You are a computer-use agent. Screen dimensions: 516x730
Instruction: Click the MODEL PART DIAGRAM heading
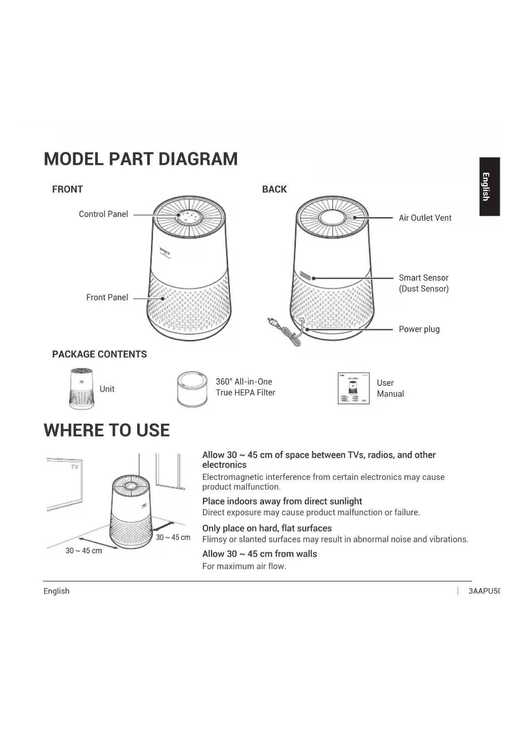[141, 159]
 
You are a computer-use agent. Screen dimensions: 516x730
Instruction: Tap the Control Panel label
[103, 214]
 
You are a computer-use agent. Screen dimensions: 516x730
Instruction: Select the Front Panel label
[107, 298]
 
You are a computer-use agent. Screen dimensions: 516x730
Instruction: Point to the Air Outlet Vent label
[425, 218]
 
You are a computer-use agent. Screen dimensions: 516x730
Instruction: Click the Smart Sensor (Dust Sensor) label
[424, 283]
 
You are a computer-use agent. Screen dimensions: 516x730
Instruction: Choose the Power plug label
[419, 329]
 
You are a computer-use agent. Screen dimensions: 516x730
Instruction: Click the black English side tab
[489, 186]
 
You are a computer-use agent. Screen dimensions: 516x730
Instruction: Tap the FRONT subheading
[67, 189]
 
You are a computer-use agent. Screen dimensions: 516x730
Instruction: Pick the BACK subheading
[274, 189]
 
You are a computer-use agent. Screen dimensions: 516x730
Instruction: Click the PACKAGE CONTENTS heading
[99, 354]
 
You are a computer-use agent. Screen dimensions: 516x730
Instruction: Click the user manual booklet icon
[353, 388]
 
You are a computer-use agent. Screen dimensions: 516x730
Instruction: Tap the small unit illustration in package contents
[81, 388]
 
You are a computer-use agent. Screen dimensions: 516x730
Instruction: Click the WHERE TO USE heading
[107, 430]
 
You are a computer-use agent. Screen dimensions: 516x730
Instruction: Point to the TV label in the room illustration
[74, 467]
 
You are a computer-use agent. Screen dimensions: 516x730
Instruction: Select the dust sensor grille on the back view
[305, 276]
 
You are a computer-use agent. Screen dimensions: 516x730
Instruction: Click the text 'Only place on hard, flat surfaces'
[267, 528]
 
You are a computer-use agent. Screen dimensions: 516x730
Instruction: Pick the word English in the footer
[57, 591]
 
